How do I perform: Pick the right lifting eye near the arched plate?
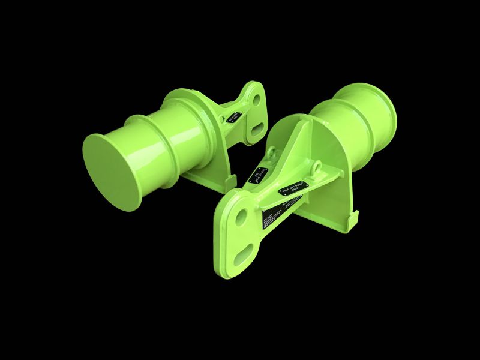[x=314, y=166]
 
